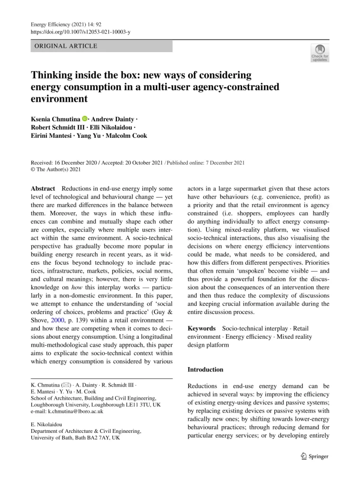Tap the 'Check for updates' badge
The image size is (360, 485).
pyautogui.click(x=319, y=53)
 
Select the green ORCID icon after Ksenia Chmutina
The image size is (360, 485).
pyautogui.click(x=85, y=118)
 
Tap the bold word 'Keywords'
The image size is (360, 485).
pyautogui.click(x=202, y=328)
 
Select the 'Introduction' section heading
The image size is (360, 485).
pyautogui.click(x=206, y=369)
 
